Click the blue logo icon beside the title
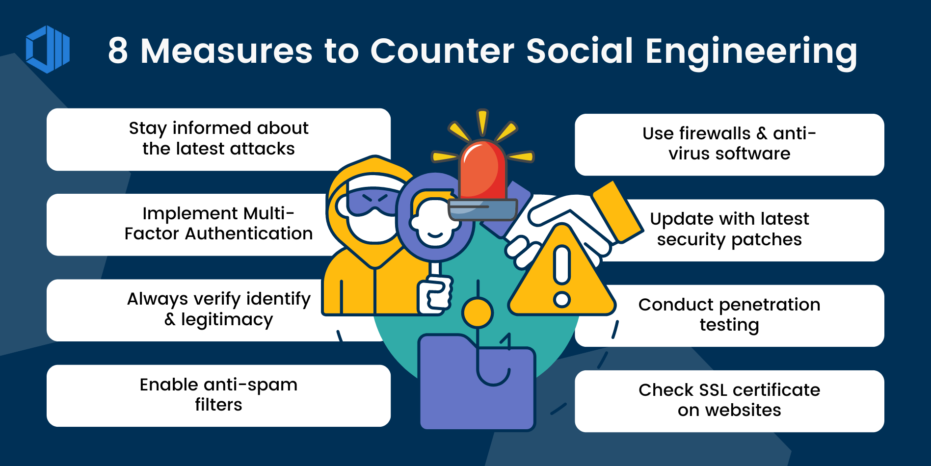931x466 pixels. point(48,50)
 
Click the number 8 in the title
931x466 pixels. point(118,51)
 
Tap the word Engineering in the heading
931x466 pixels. point(751,52)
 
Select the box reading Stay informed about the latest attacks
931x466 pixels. point(218,139)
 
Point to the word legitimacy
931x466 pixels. point(227,320)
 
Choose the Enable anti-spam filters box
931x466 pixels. point(218,395)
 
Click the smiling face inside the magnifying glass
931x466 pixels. point(435,223)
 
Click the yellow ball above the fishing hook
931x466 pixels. point(477,312)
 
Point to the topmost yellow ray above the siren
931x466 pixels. point(482,122)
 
